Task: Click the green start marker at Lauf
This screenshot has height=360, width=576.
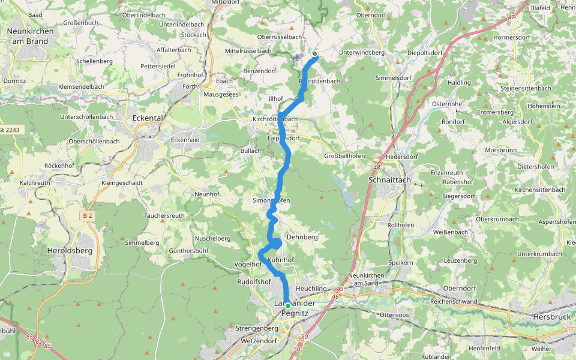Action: coord(288,305)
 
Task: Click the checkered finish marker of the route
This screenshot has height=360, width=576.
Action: coord(314,54)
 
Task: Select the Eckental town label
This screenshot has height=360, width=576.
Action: coord(146,118)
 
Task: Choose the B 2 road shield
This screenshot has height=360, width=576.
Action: coord(88,215)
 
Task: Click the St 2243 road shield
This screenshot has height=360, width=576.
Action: coord(10,130)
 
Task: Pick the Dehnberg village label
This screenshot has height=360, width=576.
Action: coord(302,237)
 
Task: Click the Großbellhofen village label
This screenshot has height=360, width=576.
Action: coord(344,155)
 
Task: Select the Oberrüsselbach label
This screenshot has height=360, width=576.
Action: coord(280,37)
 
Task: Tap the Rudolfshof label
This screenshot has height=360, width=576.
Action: coord(254,281)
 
